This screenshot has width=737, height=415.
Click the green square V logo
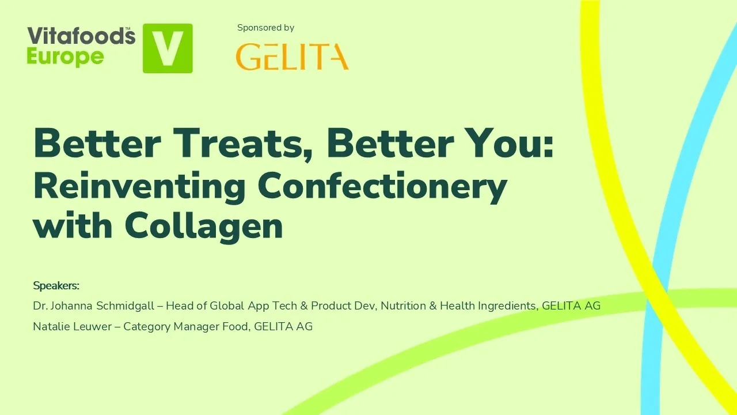click(x=168, y=48)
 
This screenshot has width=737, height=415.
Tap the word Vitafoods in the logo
click(x=81, y=36)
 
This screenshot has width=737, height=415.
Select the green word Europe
click(x=66, y=56)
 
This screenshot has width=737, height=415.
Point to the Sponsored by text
click(x=265, y=28)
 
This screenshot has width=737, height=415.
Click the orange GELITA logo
click(x=292, y=56)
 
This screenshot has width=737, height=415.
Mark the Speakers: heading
click(x=56, y=286)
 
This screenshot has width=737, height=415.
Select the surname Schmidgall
click(x=127, y=306)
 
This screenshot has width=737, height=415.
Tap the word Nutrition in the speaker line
click(x=403, y=306)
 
